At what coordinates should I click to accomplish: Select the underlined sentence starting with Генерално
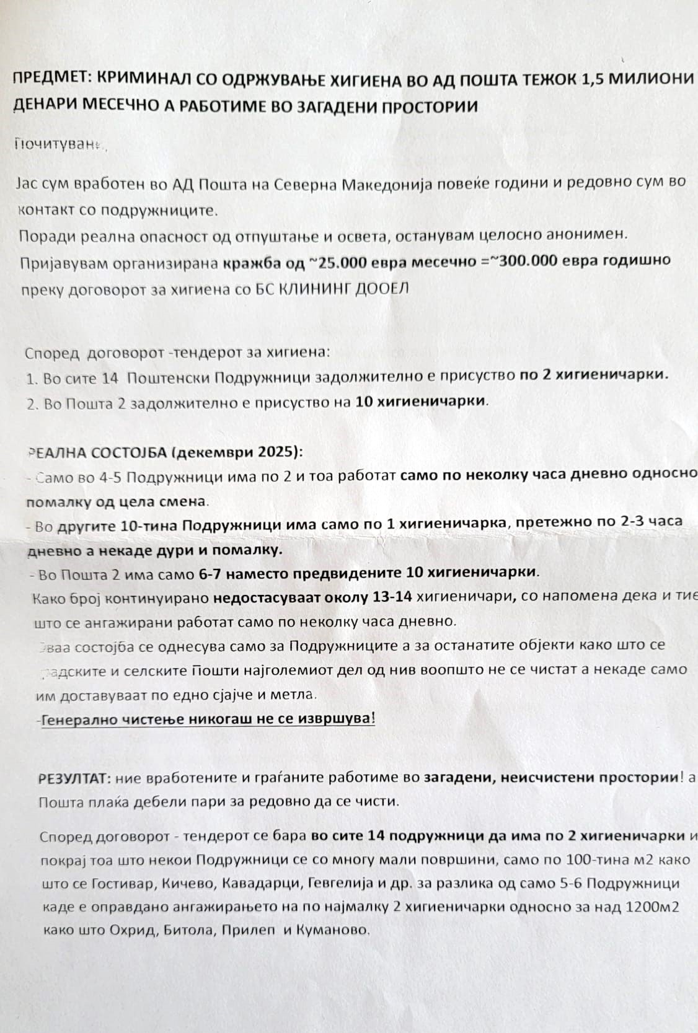click(208, 719)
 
